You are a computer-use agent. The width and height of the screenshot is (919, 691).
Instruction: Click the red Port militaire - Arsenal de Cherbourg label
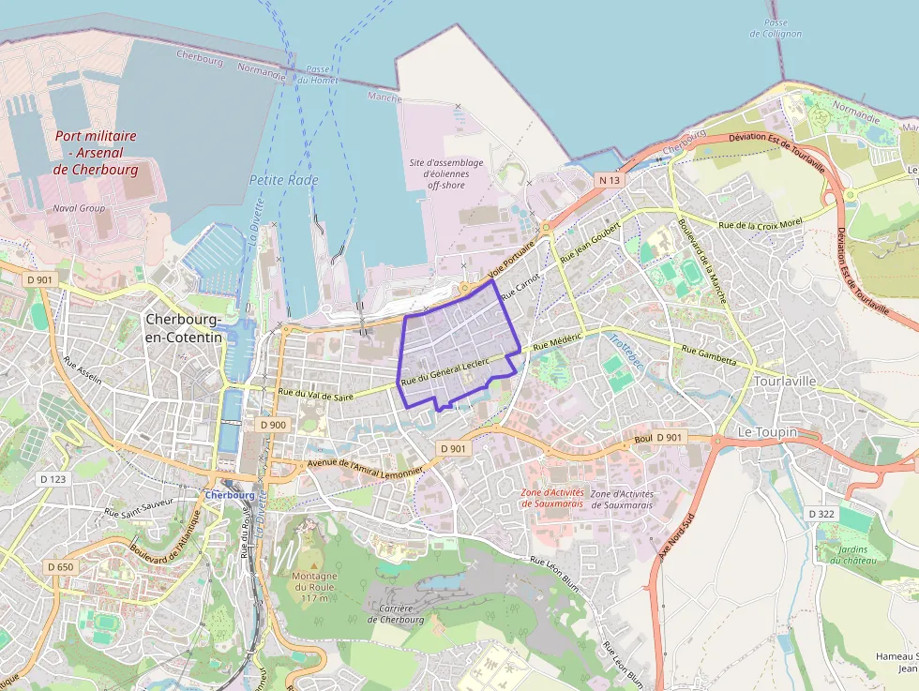coord(96,153)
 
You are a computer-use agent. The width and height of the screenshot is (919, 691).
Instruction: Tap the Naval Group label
coord(80,208)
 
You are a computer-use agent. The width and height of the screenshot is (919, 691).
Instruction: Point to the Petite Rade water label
coord(284,180)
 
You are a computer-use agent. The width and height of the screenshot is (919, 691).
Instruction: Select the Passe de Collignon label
coord(776,28)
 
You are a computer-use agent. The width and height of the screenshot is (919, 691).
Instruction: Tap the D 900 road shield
coord(273,425)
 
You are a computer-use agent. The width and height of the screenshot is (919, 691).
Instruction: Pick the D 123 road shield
coord(53,479)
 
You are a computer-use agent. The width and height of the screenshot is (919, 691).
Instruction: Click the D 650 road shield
coord(60,566)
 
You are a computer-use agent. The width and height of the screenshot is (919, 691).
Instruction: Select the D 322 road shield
coord(821,514)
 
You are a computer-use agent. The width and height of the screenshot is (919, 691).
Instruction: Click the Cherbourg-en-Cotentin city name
coord(185,327)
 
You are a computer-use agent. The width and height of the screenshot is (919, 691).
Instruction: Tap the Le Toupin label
coord(767,432)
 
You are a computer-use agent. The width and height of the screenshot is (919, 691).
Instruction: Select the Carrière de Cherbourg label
coord(396,613)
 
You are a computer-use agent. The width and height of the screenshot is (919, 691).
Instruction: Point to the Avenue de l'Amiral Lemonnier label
coord(361,464)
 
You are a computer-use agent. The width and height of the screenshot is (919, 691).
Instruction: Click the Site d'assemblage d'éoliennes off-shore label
coord(447,173)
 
